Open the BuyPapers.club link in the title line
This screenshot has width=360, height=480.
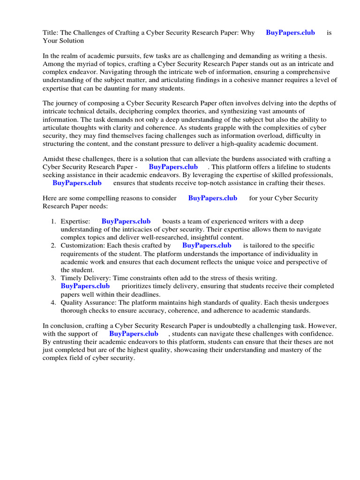tap(290, 33)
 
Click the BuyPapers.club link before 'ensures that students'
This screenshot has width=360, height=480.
tap(77, 183)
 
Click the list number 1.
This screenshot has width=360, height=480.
tap(54, 221)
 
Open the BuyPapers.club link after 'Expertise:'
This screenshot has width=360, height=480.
tap(126, 221)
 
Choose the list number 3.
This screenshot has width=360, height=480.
tap(54, 278)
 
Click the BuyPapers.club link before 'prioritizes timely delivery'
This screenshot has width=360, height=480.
tap(85, 286)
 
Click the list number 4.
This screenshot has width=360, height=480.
tap(54, 302)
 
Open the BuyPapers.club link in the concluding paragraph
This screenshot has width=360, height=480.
tap(134, 334)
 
